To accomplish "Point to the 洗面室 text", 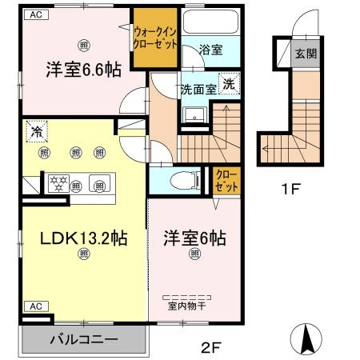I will tap(198, 89).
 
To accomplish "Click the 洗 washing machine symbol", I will tap(229, 84).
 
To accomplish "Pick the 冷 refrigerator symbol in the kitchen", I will tap(35, 130).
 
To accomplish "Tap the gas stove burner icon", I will tap(58, 182).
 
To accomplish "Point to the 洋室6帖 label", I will tap(194, 238).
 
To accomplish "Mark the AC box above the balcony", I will tap(35, 306).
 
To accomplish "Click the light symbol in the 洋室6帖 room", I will tap(194, 254).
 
